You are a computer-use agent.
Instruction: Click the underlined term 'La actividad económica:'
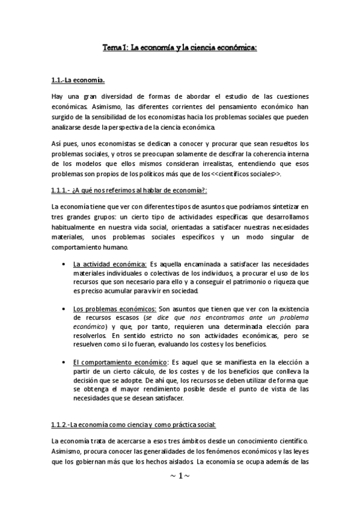coord(110,264)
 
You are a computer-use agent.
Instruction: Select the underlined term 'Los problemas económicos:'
coord(113,309)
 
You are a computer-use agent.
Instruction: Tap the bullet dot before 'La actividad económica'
coord(64,264)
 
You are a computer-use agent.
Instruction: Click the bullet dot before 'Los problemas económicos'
coord(64,309)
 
